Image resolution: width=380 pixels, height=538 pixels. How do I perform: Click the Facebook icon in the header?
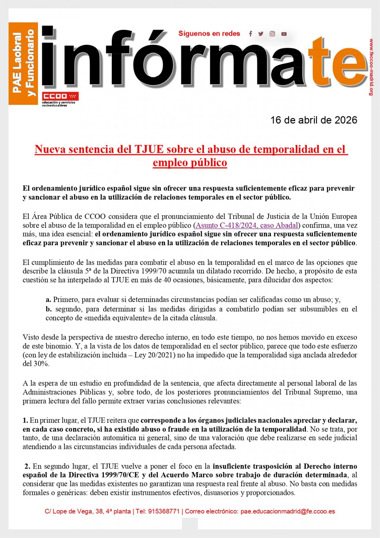250,34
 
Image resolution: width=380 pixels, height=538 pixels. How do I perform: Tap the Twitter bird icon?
261,34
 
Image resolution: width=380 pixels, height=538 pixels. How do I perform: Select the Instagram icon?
272,34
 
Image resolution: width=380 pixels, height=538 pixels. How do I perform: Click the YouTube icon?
284,34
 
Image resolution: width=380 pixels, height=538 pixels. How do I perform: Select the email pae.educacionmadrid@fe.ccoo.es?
288,511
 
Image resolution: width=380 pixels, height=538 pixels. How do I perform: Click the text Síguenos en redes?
209,34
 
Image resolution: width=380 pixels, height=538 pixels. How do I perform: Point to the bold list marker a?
48,300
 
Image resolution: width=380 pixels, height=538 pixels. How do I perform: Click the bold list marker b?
48,309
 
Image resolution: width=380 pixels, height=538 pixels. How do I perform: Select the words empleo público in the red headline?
190,163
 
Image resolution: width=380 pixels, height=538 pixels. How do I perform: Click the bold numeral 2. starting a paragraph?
27,466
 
